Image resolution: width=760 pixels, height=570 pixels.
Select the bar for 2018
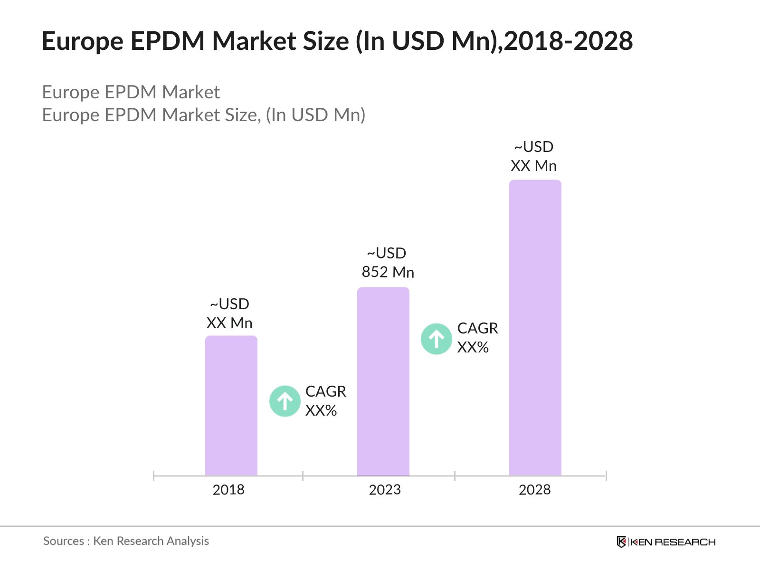tap(231, 406)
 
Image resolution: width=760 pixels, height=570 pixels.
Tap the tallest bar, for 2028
tap(535, 328)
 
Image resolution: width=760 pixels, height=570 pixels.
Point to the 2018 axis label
tap(228, 490)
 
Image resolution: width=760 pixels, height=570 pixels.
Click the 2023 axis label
tap(385, 490)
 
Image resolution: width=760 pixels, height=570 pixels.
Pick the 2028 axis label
tap(534, 490)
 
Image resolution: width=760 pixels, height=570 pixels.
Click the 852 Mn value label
tap(388, 272)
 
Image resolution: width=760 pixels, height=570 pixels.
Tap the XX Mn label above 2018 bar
tap(229, 323)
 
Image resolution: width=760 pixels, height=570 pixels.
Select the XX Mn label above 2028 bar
tap(533, 166)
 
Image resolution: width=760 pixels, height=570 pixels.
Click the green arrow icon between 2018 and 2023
tap(285, 401)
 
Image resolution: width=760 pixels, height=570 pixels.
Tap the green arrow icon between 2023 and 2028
tap(437, 339)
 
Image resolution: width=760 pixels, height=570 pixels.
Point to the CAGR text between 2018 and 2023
tap(325, 391)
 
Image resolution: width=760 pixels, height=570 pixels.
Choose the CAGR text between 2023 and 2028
tap(477, 328)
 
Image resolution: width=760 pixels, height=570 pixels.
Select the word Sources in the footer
tap(64, 541)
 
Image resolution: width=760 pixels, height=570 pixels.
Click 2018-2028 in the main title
tap(568, 41)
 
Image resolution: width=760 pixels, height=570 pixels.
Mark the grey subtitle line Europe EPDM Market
tap(131, 92)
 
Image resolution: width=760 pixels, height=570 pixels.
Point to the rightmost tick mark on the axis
tap(606, 475)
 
